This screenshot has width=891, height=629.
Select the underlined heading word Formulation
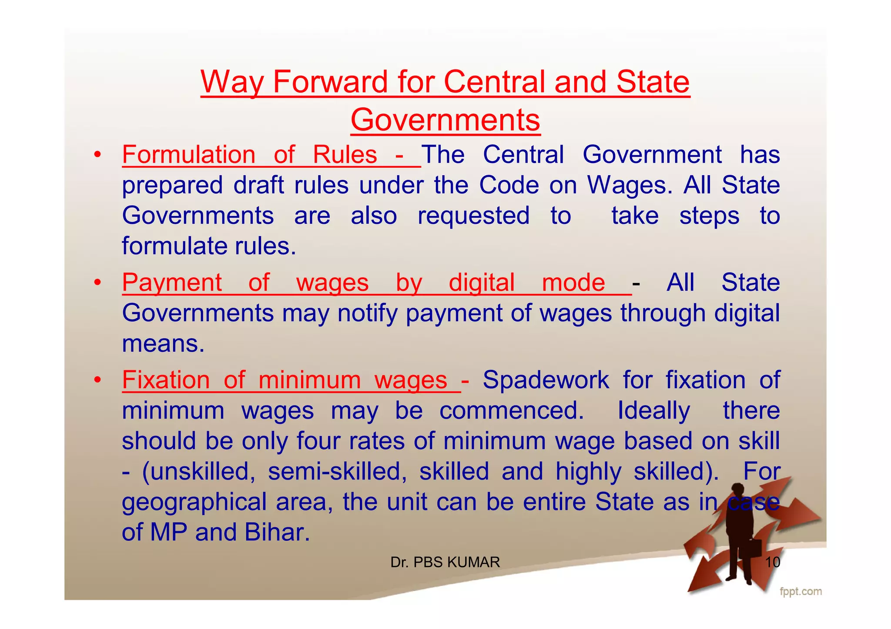tap(189, 155)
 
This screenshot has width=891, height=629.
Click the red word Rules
tap(345, 155)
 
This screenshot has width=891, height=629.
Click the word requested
tap(473, 216)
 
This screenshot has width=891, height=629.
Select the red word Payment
tap(172, 283)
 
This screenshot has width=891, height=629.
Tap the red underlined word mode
tap(573, 283)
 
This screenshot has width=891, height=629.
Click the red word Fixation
tap(166, 380)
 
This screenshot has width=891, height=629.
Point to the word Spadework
tap(546, 380)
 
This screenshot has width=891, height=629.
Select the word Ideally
tap(653, 410)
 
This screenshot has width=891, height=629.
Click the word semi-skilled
tap(337, 471)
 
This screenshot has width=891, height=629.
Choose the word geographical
tap(194, 502)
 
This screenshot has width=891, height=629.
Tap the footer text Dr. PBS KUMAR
tap(445, 562)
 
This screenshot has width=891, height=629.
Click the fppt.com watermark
tap(801, 592)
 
